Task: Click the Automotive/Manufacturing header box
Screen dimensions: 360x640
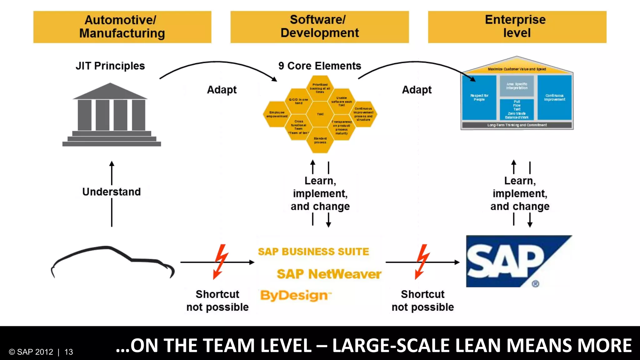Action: click(x=122, y=27)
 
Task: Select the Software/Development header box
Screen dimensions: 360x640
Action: click(x=319, y=27)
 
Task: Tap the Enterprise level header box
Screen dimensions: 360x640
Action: click(x=517, y=27)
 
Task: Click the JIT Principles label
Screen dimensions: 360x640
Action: click(x=110, y=66)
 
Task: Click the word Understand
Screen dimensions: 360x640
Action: click(x=112, y=192)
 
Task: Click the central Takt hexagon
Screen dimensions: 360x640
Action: click(x=320, y=114)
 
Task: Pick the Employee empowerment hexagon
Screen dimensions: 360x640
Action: click(x=277, y=114)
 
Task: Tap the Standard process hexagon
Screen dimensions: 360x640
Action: click(x=320, y=140)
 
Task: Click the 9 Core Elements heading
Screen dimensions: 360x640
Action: click(x=319, y=66)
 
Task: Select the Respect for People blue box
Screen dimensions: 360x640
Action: click(x=479, y=97)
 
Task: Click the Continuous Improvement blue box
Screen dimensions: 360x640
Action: click(x=554, y=97)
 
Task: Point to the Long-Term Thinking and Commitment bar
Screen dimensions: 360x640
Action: click(x=517, y=125)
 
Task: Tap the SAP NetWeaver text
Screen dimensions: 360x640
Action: click(x=329, y=274)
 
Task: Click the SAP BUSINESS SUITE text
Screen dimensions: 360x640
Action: click(x=313, y=252)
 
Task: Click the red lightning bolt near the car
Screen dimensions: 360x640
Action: click(x=221, y=262)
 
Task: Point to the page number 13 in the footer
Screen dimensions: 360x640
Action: click(x=69, y=352)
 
